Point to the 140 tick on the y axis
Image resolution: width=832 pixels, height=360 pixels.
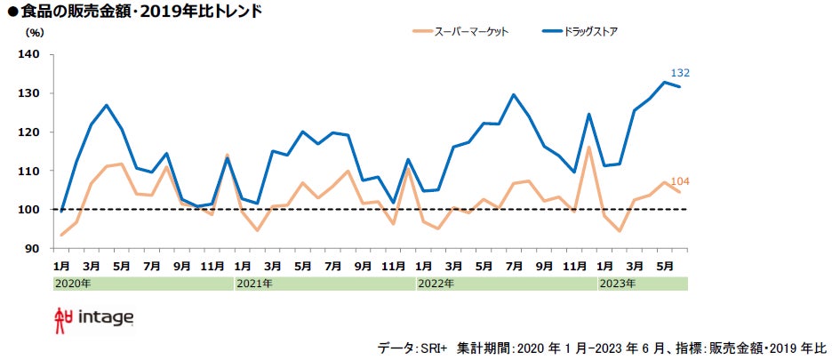(29, 54)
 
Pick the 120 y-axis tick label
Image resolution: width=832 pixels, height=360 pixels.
(29, 132)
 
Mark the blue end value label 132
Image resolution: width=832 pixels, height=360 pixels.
(680, 73)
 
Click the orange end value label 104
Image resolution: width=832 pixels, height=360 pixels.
(680, 182)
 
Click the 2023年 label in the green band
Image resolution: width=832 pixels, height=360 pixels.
(616, 284)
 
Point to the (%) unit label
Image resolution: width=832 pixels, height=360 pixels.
(35, 33)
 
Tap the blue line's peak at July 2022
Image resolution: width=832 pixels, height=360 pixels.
(514, 94)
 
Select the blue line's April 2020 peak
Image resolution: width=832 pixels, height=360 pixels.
(107, 105)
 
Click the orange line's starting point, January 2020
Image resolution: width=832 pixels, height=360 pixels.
(61, 235)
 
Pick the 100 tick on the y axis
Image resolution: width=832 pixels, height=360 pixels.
(29, 210)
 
